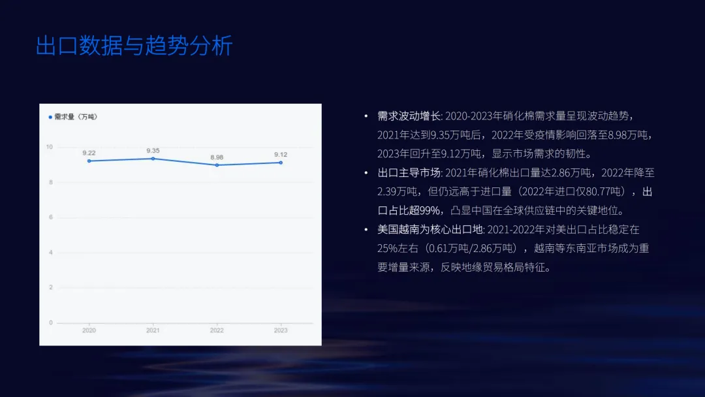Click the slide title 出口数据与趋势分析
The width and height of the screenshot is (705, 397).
tap(134, 47)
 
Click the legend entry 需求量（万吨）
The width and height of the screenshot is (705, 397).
tap(73, 117)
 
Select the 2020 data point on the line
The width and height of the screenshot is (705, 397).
tap(89, 161)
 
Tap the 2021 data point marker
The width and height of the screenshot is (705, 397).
tap(153, 159)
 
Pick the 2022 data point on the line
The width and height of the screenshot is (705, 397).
tap(217, 165)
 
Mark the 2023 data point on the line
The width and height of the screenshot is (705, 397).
tap(281, 163)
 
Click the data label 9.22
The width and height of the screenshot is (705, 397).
tap(89, 152)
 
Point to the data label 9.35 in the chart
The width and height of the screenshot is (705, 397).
tap(153, 150)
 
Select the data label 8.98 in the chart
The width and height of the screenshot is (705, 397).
tap(217, 157)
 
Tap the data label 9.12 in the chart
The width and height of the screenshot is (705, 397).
tap(281, 154)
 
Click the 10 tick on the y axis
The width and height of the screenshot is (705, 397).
tap(49, 147)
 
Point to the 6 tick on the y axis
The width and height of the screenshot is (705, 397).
tap(51, 217)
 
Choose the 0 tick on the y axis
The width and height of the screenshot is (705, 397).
tap(51, 323)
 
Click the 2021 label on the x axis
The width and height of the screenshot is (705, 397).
tap(153, 330)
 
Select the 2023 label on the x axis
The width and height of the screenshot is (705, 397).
tap(281, 330)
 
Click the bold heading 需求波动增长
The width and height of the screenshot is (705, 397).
tap(409, 116)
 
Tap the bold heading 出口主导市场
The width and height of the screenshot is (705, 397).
tap(409, 173)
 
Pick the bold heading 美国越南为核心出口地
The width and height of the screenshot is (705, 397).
tap(430, 230)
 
